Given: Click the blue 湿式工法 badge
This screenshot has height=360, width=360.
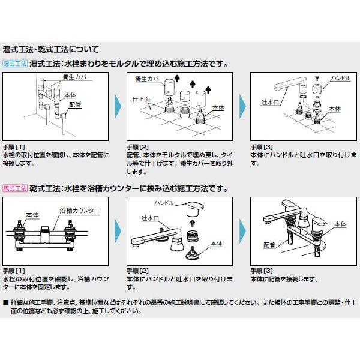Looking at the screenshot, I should pyautogui.click(x=15, y=63).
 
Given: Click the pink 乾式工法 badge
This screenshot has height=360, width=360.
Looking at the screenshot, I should pyautogui.click(x=15, y=188).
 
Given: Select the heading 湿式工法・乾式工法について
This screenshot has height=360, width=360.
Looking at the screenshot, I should pyautogui.click(x=55, y=49).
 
